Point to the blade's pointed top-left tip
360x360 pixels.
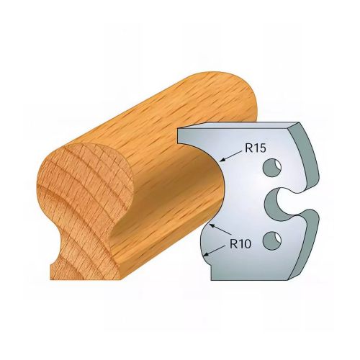[180, 132]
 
